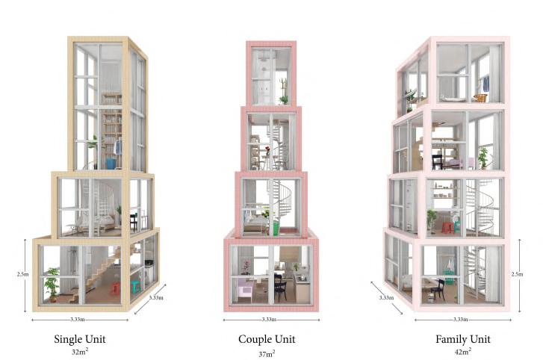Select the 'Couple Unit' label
(x=267, y=338)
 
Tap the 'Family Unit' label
(x=462, y=338)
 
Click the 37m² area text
(x=267, y=352)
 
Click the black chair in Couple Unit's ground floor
(x=280, y=288)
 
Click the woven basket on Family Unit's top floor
(x=480, y=98)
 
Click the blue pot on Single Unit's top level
(x=111, y=163)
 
